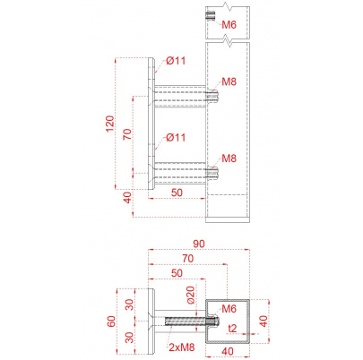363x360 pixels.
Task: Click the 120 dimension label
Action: (110, 124)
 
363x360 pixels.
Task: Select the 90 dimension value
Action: (199, 244)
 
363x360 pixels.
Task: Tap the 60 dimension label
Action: (111, 321)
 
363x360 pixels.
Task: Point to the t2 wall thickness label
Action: (232, 329)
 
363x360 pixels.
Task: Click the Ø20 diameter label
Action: (191, 295)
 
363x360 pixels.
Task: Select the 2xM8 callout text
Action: (182, 347)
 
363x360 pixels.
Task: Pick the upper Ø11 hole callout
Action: (176, 61)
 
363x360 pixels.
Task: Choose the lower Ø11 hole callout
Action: (176, 137)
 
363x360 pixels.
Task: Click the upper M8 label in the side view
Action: (229, 81)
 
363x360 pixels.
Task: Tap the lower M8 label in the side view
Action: (229, 159)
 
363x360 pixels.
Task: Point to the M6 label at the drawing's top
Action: (229, 25)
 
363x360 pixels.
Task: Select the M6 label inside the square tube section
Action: (229, 308)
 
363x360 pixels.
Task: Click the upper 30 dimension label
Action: (129, 304)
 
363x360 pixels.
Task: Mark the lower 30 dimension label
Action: (129, 338)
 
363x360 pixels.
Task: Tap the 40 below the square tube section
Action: (228, 351)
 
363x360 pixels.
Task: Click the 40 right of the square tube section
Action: (264, 321)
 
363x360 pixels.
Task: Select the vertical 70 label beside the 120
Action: (127, 134)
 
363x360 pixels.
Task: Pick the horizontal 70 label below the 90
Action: (188, 259)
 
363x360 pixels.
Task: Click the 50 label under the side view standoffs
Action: (177, 193)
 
